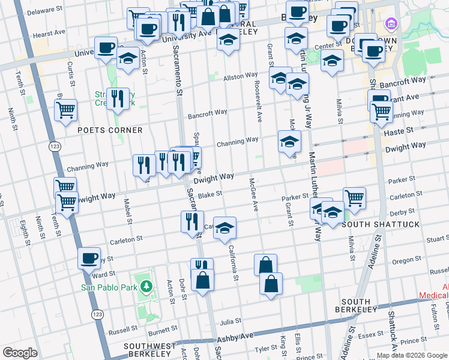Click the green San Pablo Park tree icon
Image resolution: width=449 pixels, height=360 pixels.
[145, 287]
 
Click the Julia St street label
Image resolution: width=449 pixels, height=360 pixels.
[229, 321]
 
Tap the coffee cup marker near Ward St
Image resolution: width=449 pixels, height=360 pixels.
[89, 259]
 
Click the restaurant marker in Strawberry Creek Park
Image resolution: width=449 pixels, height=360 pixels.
[119, 99]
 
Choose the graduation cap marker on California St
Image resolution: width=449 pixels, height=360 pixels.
[225, 229]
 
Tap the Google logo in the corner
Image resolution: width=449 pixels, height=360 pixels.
[20, 352]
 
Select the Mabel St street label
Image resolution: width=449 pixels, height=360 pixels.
[128, 211]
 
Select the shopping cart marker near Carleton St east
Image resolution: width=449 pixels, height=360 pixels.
[355, 197]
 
